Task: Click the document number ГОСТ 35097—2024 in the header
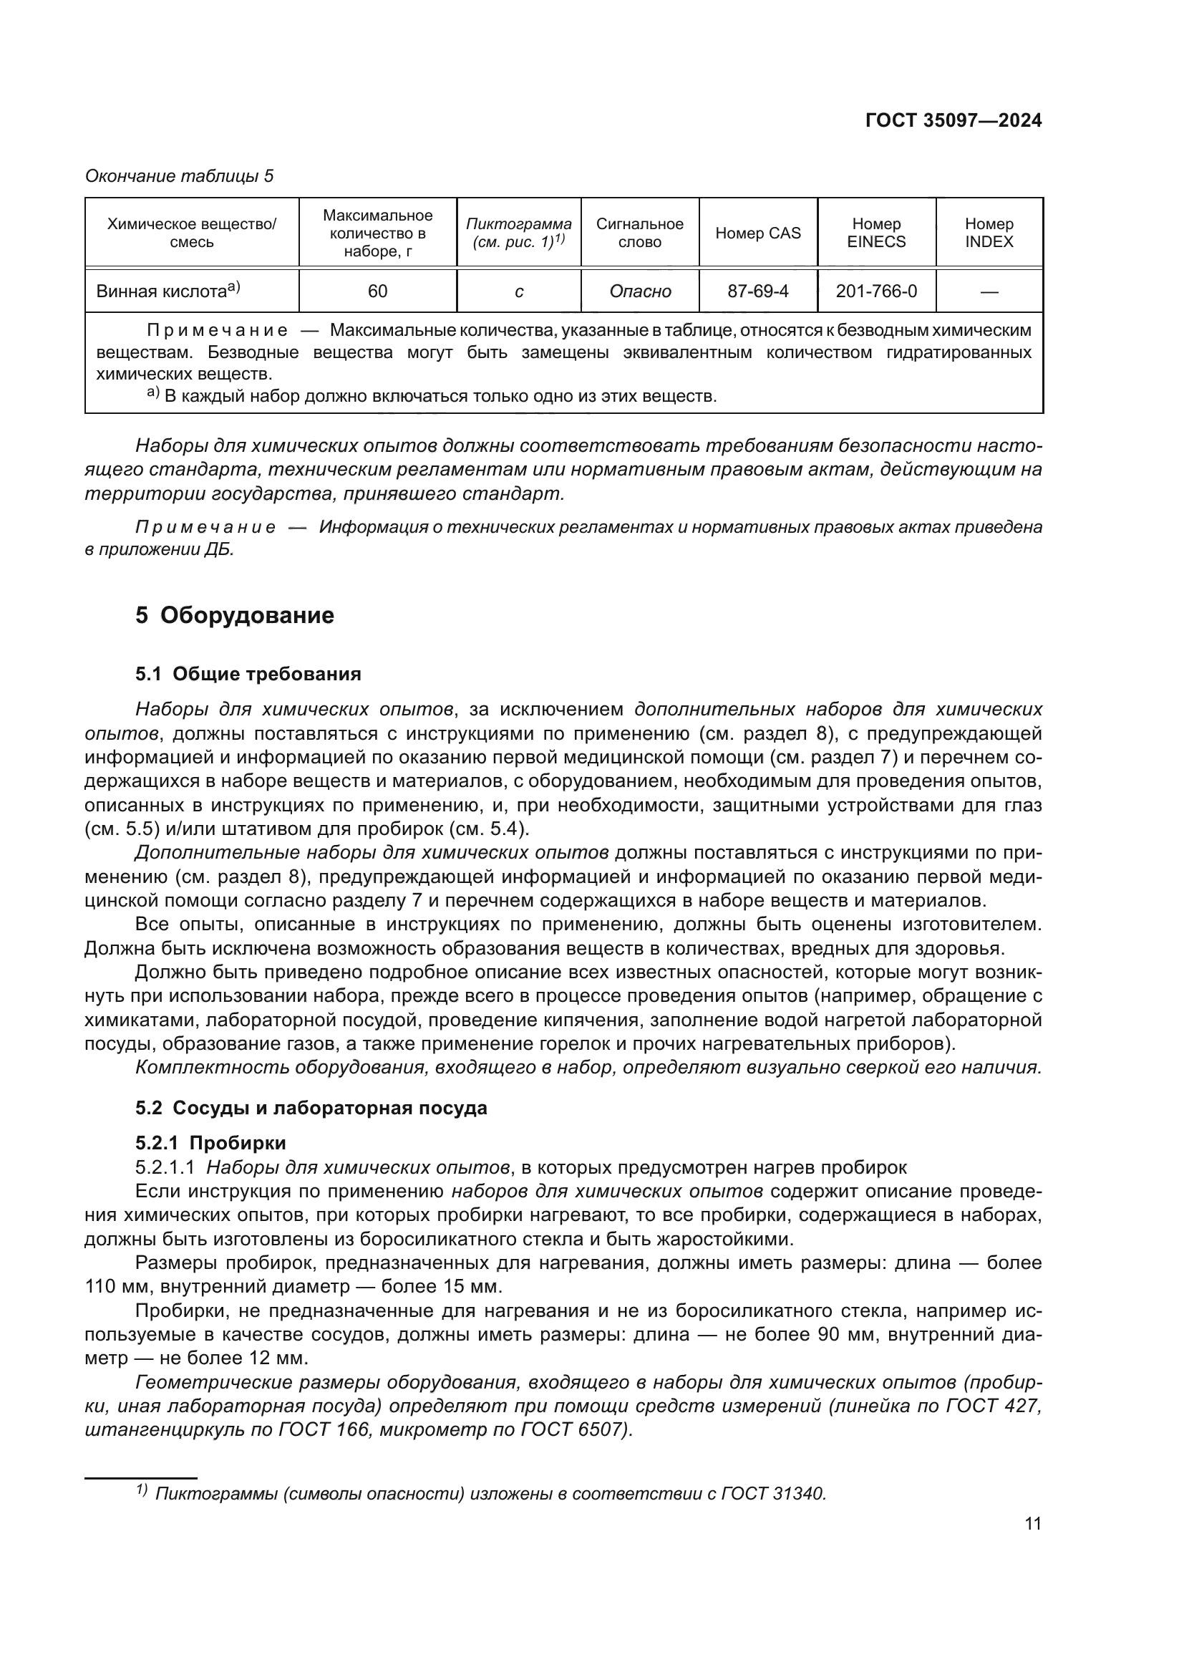coord(953,121)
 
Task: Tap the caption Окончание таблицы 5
coord(180,176)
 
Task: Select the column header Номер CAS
coord(757,233)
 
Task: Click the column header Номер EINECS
coord(875,233)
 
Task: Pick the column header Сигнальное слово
coord(639,233)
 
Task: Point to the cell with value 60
coord(377,291)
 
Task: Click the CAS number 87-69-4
coord(757,291)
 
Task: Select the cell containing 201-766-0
coord(875,291)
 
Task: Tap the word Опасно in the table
coord(639,291)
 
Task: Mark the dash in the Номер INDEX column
coord(989,291)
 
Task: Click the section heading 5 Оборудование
coord(235,615)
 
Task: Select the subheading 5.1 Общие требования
coord(248,674)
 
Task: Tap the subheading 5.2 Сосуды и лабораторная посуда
coord(311,1107)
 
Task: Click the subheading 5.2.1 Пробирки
coord(210,1142)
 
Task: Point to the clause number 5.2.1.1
coord(165,1167)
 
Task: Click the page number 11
coord(1032,1524)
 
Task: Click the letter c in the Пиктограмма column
coord(518,291)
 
